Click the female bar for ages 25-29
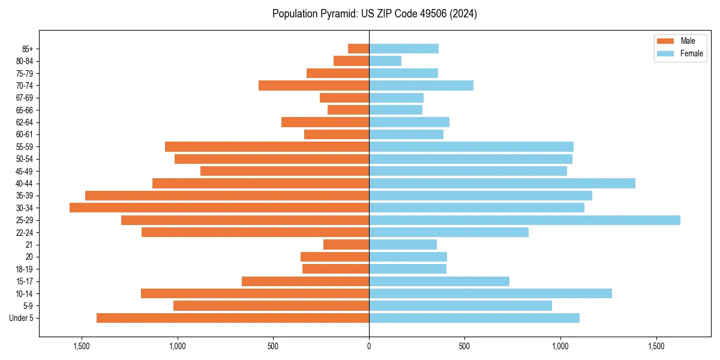pyautogui.click(x=524, y=220)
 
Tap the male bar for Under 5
pyautogui.click(x=233, y=318)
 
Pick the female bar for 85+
pyautogui.click(x=404, y=49)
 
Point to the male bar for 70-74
pyautogui.click(x=314, y=85)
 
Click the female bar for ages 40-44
pyautogui.click(x=502, y=183)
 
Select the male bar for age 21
pyautogui.click(x=346, y=245)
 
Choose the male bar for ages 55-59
pyautogui.click(x=267, y=146)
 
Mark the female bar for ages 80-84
pyautogui.click(x=385, y=61)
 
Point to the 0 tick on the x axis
pyautogui.click(x=369, y=346)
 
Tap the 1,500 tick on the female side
pyautogui.click(x=656, y=346)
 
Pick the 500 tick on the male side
pyautogui.click(x=273, y=346)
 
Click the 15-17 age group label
pyautogui.click(x=25, y=281)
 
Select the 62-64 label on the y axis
pyautogui.click(x=25, y=122)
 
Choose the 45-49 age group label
pyautogui.click(x=25, y=171)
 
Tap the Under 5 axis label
pyautogui.click(x=22, y=318)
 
